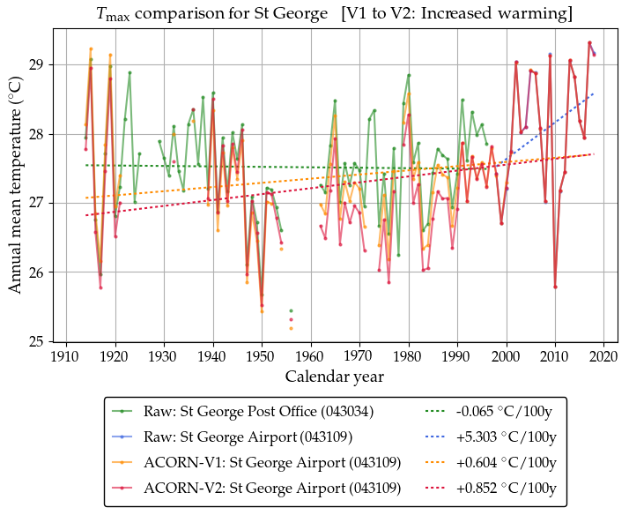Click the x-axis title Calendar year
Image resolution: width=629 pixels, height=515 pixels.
333,377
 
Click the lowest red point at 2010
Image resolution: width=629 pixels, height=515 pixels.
555,287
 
